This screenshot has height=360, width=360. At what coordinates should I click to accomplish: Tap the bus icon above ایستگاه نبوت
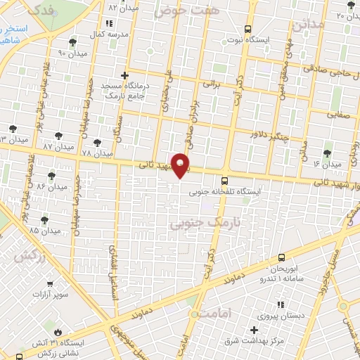coord(247,29)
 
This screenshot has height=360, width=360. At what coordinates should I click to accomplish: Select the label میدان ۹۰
coord(71,53)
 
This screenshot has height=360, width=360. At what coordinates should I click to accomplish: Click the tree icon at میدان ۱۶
coord(327,153)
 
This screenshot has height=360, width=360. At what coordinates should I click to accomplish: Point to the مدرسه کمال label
coord(110,34)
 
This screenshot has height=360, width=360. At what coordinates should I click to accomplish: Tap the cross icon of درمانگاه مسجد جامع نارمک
coord(124,75)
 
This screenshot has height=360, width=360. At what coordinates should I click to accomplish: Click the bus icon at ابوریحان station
coord(281,258)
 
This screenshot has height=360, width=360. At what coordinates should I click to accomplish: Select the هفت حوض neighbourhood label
coord(179,11)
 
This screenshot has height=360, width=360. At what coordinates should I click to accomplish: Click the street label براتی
coord(212,82)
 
